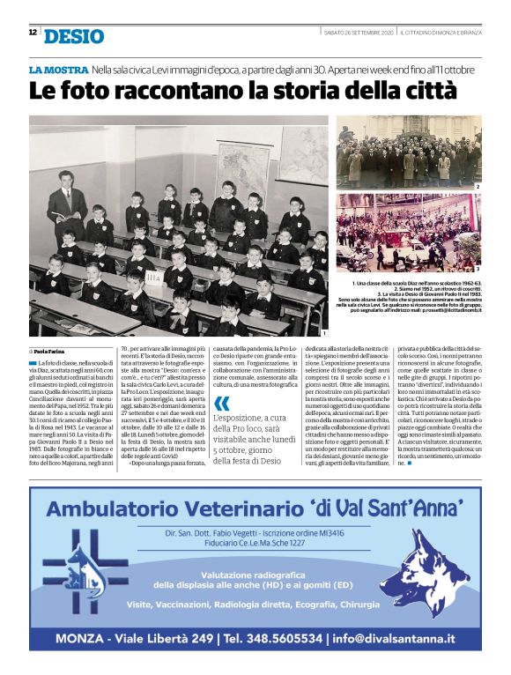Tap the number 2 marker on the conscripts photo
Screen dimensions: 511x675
point(478,187)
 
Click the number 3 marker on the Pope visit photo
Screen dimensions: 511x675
point(478,267)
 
